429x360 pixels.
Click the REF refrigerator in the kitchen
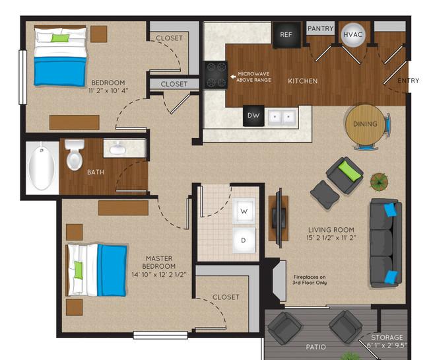[286, 35]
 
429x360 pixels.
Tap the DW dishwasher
[253, 116]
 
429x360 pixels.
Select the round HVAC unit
[353, 34]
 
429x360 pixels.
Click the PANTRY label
[320, 28]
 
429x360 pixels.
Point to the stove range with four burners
[216, 75]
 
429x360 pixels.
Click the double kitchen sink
[282, 117]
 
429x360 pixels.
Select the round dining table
[365, 124]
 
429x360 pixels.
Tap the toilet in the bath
[75, 155]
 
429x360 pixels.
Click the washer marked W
[244, 211]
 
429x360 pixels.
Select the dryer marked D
[244, 240]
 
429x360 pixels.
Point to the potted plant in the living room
[379, 181]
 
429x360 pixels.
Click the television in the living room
[279, 218]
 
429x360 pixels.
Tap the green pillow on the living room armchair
[349, 170]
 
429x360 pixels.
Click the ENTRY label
[408, 81]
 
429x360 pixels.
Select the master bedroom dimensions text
[159, 274]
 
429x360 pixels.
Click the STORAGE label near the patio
[387, 338]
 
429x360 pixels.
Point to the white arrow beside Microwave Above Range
[233, 77]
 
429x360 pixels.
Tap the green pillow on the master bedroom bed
[79, 270]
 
